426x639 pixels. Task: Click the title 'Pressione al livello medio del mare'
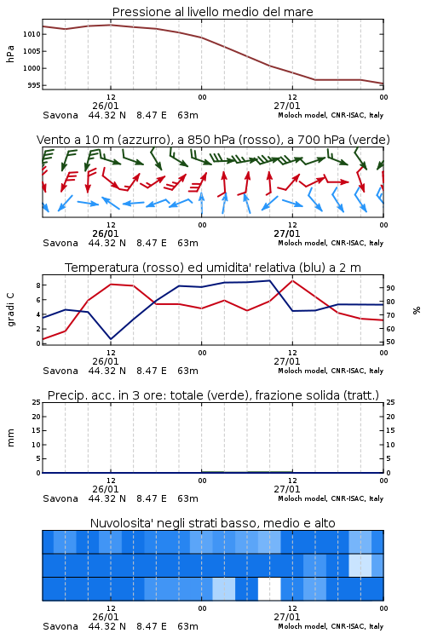[x=212, y=12]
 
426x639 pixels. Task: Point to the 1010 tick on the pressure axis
[x=32, y=34]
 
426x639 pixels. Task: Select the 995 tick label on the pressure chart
[x=34, y=85]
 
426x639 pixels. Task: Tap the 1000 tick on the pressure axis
[x=32, y=68]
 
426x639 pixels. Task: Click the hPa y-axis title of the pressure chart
[x=10, y=54]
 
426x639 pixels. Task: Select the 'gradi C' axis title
[x=10, y=310]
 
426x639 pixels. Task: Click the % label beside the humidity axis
[x=417, y=310]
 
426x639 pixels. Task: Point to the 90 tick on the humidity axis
[x=390, y=288]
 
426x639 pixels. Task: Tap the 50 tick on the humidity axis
[x=390, y=342]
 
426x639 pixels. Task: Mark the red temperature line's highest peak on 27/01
[x=292, y=281]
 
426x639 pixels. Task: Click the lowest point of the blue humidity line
[x=111, y=339]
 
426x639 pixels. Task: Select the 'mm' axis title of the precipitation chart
[x=10, y=438]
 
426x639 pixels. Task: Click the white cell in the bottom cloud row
[x=269, y=589]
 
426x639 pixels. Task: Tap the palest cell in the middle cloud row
[x=360, y=565]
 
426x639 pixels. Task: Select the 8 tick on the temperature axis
[x=38, y=285]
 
